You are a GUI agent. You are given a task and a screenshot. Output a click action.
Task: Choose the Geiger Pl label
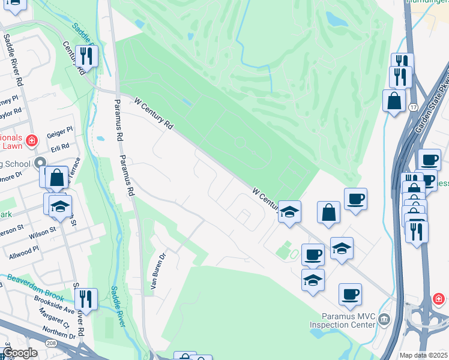59,130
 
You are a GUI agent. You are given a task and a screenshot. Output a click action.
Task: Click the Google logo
19,353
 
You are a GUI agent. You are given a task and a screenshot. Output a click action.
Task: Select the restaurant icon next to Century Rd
87,56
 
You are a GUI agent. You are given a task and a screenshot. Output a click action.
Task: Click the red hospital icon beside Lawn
32,142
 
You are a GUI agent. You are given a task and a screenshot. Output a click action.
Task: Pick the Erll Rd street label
60,146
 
